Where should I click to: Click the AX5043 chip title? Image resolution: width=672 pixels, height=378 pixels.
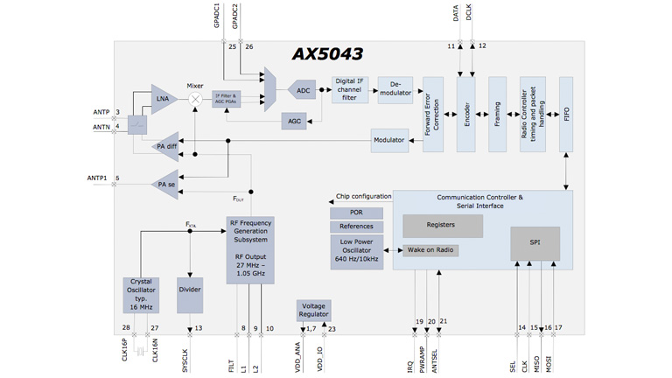point(327,54)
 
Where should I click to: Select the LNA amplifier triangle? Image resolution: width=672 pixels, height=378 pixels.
point(164,99)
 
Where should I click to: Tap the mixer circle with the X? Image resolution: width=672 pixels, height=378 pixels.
point(195,100)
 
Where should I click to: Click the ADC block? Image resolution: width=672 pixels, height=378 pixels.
point(302,90)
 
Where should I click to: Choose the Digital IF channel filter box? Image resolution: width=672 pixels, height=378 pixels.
point(349,90)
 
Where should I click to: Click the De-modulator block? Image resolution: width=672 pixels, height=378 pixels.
point(395,90)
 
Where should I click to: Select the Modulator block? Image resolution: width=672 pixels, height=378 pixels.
point(389,140)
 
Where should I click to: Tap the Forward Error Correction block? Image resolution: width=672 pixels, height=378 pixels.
point(433,115)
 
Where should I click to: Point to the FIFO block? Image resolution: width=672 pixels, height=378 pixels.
point(566,115)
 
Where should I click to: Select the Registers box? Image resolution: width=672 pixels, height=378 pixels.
point(442,225)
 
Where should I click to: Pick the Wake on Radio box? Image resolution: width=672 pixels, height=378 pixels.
point(430,250)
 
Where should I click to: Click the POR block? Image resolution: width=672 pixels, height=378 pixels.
point(356,213)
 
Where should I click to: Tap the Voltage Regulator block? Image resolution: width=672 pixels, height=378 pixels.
point(313,310)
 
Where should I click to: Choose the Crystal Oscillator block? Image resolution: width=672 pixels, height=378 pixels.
point(141,295)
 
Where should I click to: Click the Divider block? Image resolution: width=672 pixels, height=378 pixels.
point(190,290)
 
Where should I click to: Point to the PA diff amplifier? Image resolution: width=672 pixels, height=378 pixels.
point(164,146)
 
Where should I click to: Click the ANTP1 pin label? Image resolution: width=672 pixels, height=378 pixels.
point(97,178)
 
